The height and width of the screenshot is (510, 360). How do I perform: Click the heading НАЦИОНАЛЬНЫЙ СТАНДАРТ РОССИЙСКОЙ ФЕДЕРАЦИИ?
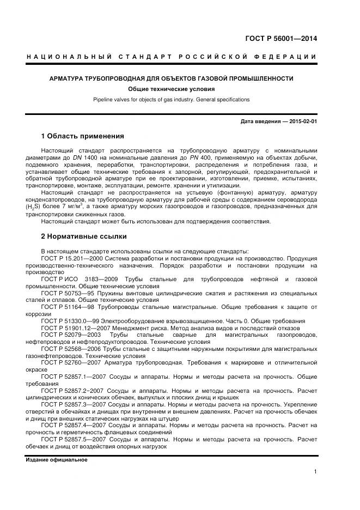[x=172, y=57]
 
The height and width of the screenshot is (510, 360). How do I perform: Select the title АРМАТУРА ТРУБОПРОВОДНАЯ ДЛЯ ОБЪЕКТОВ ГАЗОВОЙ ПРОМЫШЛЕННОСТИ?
[x=172, y=78]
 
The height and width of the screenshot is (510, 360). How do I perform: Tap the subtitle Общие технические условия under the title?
[x=172, y=89]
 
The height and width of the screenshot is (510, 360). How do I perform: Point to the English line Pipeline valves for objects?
[x=172, y=100]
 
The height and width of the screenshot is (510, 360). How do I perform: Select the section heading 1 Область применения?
[x=83, y=136]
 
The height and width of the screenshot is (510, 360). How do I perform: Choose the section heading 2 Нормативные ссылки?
[x=84, y=236]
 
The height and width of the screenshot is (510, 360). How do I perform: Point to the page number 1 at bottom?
[x=315, y=472]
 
